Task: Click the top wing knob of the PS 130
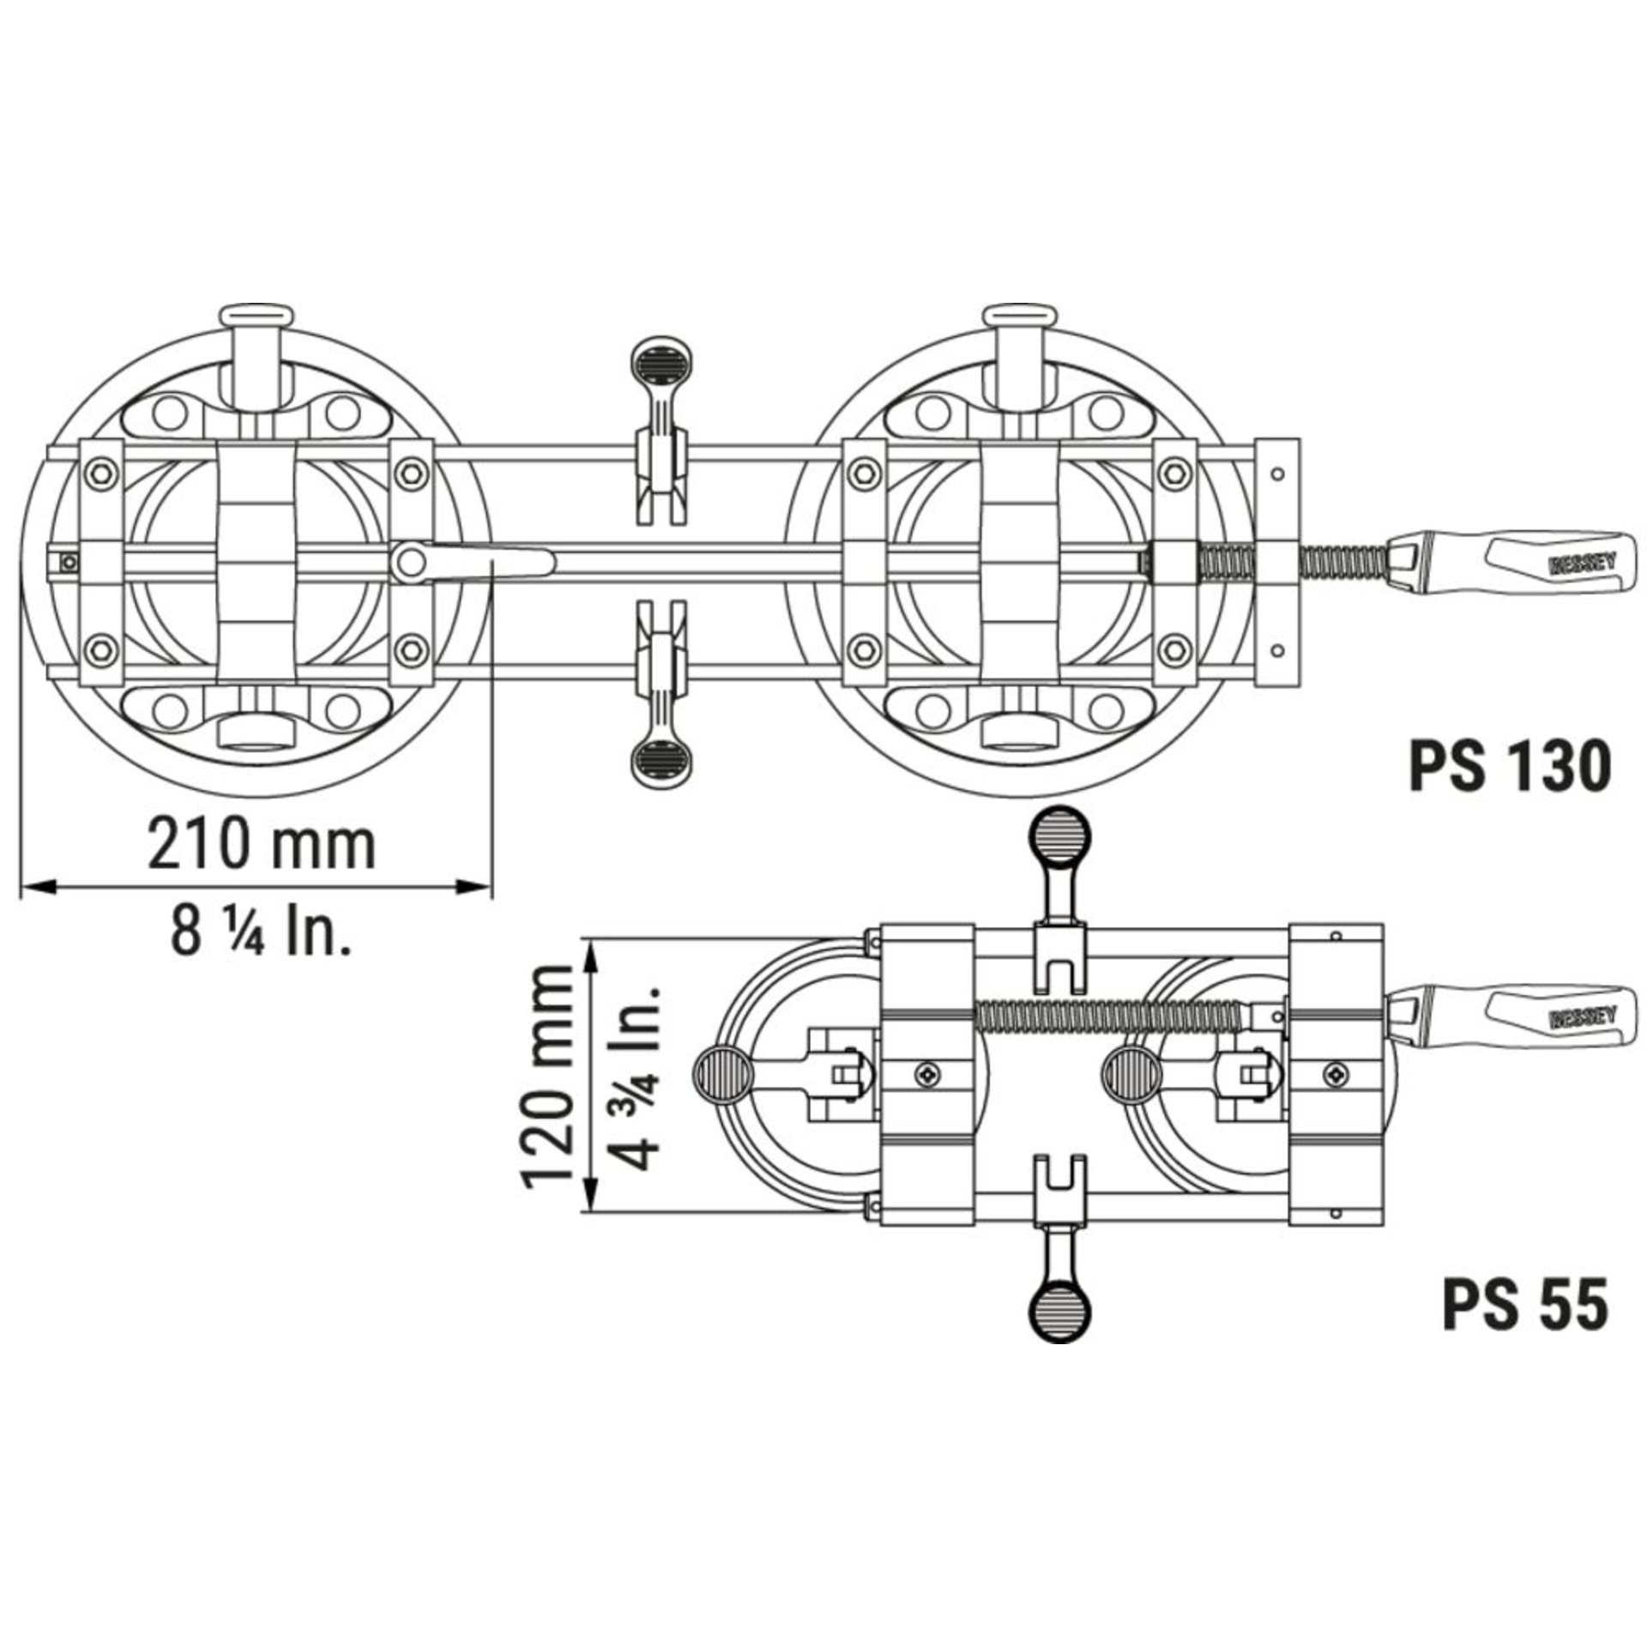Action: click(x=660, y=359)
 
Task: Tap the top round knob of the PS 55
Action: click(x=1061, y=834)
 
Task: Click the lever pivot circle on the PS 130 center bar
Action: click(x=411, y=562)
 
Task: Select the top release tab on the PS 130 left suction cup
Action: click(x=257, y=318)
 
